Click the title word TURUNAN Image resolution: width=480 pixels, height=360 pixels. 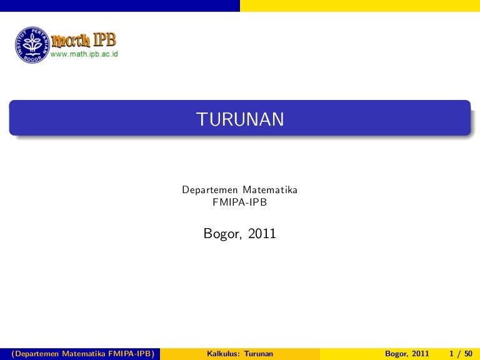[x=240, y=119]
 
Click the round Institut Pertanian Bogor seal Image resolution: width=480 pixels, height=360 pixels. [x=32, y=45]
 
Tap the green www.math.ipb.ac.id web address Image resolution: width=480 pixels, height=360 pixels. [x=84, y=54]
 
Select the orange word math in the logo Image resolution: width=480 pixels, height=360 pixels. [x=71, y=41]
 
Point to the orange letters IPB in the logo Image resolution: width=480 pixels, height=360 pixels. [x=105, y=39]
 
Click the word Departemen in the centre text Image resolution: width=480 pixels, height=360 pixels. [x=210, y=190]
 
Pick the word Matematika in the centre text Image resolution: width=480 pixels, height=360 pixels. [x=270, y=190]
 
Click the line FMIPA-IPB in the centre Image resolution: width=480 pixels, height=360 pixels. [x=240, y=202]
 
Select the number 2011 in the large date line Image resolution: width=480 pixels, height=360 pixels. [x=262, y=233]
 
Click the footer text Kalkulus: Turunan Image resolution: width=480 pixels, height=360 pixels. [x=240, y=354]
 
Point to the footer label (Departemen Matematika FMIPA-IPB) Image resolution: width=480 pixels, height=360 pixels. [x=82, y=354]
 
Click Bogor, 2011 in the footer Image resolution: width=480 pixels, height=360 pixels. [x=407, y=354]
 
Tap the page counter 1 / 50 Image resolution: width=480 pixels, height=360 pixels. [x=461, y=354]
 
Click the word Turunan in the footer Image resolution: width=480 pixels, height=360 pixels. [x=259, y=354]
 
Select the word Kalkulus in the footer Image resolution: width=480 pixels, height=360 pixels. [x=224, y=354]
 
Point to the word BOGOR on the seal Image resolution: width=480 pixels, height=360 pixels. [x=32, y=59]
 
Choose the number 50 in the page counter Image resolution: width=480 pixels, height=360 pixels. [x=468, y=354]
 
